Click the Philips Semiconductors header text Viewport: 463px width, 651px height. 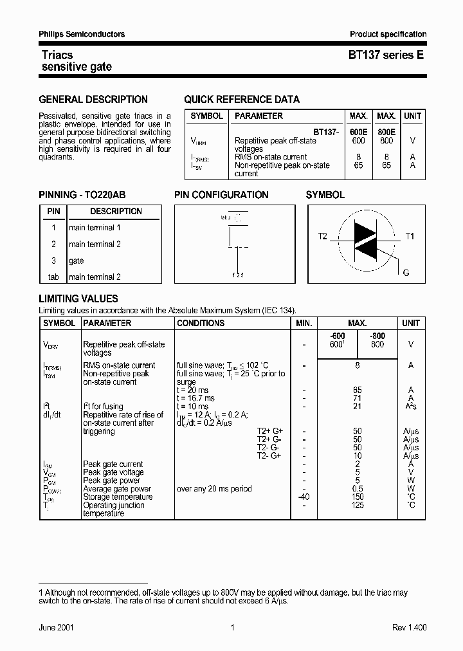[x=82, y=34]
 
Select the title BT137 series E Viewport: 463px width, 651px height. [x=386, y=56]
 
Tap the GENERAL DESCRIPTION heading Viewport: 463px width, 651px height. [x=93, y=100]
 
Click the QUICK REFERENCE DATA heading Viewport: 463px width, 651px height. [x=242, y=100]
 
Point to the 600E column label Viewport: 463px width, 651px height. [x=358, y=131]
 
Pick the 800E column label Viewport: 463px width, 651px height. [x=386, y=131]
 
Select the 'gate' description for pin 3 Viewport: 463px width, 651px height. [x=77, y=261]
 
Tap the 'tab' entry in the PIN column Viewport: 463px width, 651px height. [x=53, y=277]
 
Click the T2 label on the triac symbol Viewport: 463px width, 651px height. [x=323, y=237]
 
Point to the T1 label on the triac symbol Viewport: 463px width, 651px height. [x=410, y=237]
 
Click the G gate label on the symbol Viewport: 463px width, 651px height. [x=406, y=273]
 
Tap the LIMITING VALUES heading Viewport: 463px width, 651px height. [x=78, y=299]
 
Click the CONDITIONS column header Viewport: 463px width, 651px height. [x=201, y=323]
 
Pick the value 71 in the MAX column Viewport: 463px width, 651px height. [x=358, y=398]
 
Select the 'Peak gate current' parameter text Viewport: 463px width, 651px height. [x=113, y=464]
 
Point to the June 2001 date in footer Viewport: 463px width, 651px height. [x=57, y=628]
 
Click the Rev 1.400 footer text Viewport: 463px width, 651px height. [x=409, y=628]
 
